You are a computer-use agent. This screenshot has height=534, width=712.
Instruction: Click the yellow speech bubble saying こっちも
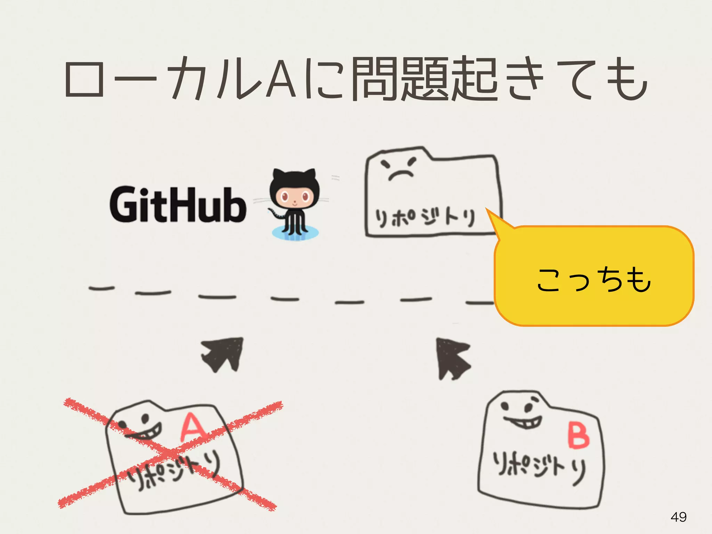point(594,278)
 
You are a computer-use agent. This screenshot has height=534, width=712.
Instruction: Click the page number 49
point(678,517)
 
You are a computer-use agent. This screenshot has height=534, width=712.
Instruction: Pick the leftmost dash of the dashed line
point(102,288)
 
